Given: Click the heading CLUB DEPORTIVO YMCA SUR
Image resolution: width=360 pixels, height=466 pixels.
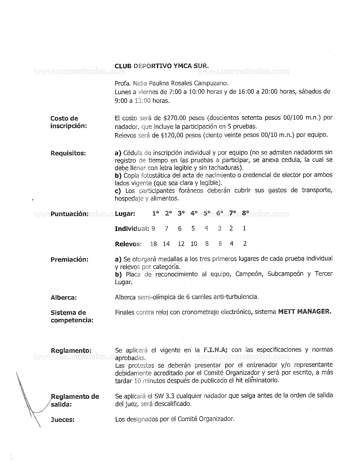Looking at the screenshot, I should (x=162, y=66).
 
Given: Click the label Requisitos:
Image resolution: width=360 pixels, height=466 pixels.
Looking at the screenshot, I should (x=68, y=153).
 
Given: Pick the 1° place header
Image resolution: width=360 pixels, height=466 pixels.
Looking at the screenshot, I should (x=156, y=214).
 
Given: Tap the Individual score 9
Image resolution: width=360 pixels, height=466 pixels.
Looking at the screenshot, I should (x=153, y=228).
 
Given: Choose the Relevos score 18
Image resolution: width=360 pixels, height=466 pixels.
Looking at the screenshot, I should (x=154, y=244).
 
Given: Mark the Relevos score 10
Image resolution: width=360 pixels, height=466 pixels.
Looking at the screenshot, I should (x=194, y=244).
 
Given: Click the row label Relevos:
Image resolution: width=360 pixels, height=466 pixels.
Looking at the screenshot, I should (x=128, y=244).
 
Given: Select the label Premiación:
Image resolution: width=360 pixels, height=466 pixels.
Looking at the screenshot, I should (x=69, y=260).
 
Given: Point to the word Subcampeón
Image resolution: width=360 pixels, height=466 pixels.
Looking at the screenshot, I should (x=286, y=274).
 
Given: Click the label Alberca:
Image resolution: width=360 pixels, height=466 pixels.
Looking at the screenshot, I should (x=64, y=298).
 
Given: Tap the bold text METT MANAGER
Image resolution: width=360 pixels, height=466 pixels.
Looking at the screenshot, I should (x=304, y=312).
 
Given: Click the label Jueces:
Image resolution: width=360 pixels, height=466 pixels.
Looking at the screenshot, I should (x=63, y=420).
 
